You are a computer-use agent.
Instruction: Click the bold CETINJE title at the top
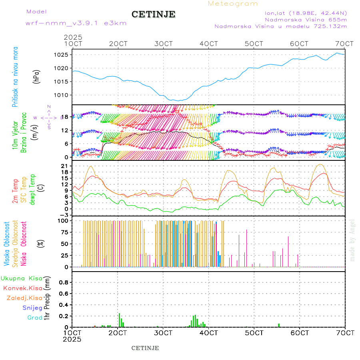click(153, 14)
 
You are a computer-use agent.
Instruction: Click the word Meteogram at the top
click(233, 4)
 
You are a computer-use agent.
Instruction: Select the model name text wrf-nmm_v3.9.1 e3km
click(76, 23)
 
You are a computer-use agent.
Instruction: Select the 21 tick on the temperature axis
click(66, 166)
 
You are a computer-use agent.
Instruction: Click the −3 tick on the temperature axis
click(65, 215)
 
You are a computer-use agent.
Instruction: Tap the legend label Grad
click(35, 318)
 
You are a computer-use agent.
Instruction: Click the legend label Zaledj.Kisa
click(24, 298)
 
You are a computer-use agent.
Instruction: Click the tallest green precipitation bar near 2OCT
click(119, 320)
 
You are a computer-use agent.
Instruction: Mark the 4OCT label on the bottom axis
click(209, 332)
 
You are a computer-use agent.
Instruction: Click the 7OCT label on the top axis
click(345, 44)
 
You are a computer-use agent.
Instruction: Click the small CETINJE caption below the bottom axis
click(145, 348)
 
